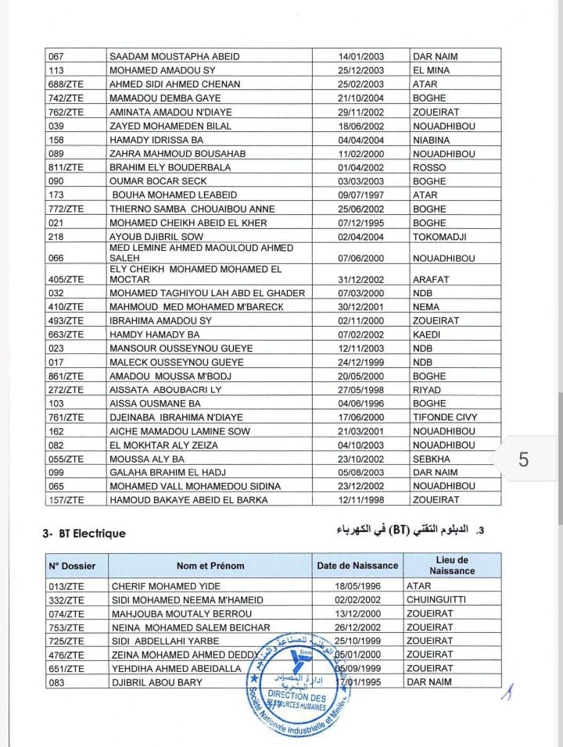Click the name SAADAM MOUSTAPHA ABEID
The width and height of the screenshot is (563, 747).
click(174, 56)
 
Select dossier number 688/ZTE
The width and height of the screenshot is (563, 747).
click(66, 84)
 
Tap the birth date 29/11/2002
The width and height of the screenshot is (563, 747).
click(361, 112)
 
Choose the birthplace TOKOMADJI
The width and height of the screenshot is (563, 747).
click(440, 237)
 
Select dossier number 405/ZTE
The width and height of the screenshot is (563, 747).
click(66, 279)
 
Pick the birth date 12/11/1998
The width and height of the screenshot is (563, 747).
click(361, 500)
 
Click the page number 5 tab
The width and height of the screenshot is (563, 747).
click(523, 459)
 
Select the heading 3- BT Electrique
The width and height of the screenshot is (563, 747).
click(84, 534)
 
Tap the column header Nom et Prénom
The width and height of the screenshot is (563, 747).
click(210, 566)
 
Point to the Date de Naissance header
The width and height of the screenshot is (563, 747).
click(357, 566)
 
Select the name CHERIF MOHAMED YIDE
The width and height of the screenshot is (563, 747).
click(167, 585)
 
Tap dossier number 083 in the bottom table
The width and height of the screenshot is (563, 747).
click(59, 682)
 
